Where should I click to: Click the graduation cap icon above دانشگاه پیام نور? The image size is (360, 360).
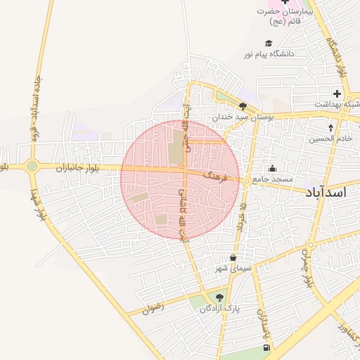269,42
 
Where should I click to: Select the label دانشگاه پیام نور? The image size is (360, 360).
269,53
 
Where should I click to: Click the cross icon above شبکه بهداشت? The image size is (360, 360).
337,94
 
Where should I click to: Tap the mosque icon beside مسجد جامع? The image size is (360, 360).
273,169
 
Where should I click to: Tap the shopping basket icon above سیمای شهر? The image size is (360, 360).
233,258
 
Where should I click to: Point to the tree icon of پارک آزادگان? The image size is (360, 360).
220,298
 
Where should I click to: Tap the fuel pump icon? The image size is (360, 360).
266,347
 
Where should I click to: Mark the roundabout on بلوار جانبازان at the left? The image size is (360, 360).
32,167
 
